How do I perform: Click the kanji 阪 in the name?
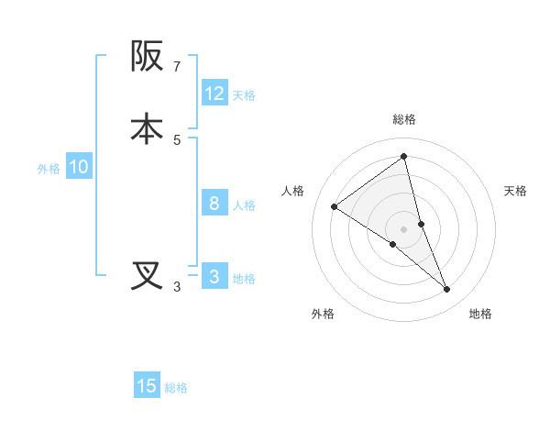tap(147, 57)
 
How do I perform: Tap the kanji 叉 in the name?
tap(147, 276)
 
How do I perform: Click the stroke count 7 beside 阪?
tap(177, 67)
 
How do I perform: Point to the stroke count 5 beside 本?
tap(177, 140)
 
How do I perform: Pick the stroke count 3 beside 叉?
tap(177, 288)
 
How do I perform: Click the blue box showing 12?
tap(214, 94)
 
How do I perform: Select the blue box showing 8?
tap(214, 204)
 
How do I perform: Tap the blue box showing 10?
tap(79, 168)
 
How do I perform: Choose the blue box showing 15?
tap(147, 386)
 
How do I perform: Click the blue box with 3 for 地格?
tap(214, 277)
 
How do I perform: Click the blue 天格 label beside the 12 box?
tap(244, 94)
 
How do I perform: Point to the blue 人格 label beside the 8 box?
tap(244, 204)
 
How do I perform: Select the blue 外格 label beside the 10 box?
tap(49, 169)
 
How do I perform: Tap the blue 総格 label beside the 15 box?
tap(176, 388)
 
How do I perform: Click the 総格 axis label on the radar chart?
tap(404, 119)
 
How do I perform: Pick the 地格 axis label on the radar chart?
tap(480, 315)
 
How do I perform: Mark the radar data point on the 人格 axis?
tap(335, 206)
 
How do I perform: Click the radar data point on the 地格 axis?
tap(446, 290)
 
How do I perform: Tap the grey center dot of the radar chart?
tap(404, 228)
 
